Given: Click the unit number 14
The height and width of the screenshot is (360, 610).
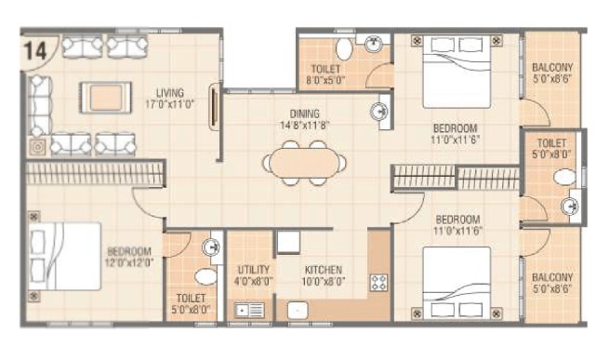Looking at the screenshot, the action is pos(35,50).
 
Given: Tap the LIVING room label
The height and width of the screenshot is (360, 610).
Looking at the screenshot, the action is pos(170,93).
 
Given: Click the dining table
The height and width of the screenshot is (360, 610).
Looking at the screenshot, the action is pos(304,163).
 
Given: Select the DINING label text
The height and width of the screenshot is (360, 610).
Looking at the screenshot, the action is pos(305,113).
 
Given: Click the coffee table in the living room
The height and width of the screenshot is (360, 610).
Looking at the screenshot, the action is pos(105,98).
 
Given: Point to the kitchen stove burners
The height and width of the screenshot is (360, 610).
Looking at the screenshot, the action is pos(378,283).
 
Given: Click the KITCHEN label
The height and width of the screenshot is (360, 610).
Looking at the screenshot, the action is pos(324,270).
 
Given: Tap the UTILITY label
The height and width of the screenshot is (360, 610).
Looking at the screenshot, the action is pos(254,270).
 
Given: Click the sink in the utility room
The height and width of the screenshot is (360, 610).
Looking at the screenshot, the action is pos(249,311).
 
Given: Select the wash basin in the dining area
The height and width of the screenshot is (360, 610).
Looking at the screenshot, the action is pos(378,112).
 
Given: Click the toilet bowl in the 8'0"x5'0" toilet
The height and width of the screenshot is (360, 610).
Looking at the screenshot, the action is pos(344,48).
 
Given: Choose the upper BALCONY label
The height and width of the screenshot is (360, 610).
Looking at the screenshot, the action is pos(552,67).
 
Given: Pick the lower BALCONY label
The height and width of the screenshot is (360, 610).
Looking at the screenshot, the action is pos(552,277).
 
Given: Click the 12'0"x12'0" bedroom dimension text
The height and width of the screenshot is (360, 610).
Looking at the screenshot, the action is pos(129,262).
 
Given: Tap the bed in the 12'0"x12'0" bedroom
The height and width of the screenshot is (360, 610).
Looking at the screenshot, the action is pos(65,257).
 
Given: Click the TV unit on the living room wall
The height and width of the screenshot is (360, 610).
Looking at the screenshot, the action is pos(215,107).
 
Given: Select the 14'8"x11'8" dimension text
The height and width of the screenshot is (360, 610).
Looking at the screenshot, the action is pos(305,125).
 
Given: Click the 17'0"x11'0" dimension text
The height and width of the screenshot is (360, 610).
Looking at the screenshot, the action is pos(170,104).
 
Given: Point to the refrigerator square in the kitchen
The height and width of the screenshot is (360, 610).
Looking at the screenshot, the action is pos(288,242).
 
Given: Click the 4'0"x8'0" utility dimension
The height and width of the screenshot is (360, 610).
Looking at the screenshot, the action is pos(254,281).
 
